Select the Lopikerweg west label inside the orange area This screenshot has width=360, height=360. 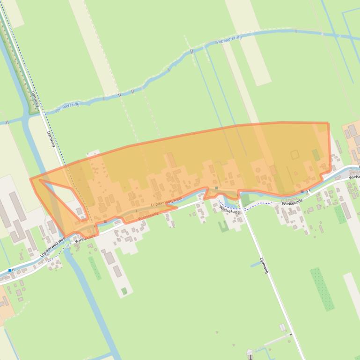[x=167, y=202]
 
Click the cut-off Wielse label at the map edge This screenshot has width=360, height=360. [x=354, y=177]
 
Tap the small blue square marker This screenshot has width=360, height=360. [x=10, y=270]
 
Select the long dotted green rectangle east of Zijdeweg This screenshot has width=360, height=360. [x=322, y=288]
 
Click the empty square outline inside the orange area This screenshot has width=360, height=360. [x=294, y=154]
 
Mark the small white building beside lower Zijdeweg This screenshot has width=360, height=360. [x=282, y=327]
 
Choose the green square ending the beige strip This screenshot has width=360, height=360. [x=124, y=291]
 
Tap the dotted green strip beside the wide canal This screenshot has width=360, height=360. [x=95, y=268]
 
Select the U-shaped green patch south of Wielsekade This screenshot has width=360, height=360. [x=224, y=226]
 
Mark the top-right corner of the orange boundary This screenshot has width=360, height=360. [x=328, y=123]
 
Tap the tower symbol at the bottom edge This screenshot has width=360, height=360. [x=250, y=353]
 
